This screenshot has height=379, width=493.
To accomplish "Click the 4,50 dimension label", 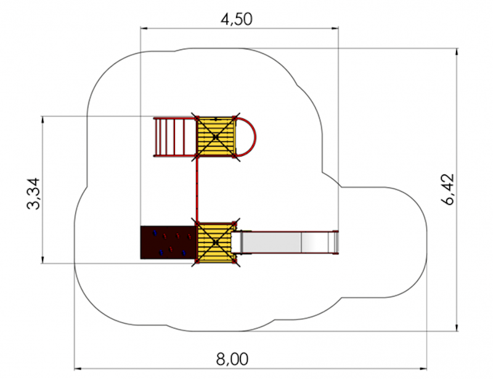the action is (237, 20).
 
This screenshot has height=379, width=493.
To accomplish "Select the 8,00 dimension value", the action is (232, 359).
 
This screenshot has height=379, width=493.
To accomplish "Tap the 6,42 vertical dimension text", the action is (448, 189).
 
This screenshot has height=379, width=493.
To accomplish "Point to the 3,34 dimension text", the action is (33, 194).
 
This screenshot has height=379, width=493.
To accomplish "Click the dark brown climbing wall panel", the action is (168, 242).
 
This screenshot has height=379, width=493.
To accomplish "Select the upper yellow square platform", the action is (216, 137).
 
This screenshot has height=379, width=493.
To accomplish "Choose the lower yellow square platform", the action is (216, 242).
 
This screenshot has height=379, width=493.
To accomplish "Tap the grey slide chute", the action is (285, 242).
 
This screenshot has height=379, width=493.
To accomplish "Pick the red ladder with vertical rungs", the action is (175, 137).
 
